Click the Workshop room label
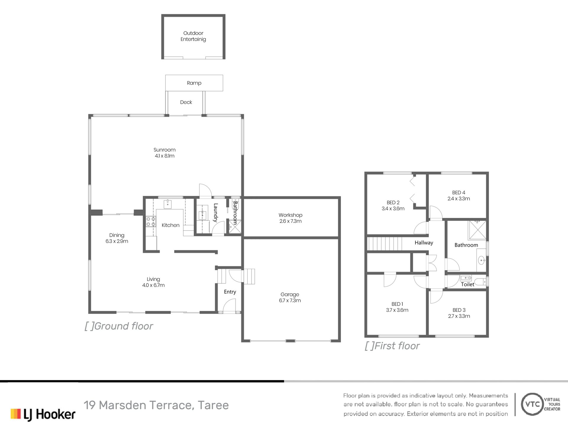[x=290, y=215]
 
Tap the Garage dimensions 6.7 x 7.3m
[x=290, y=301]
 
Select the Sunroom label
[x=164, y=150]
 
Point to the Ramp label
[x=194, y=83]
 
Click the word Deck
[x=186, y=102]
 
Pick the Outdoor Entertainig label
[x=193, y=36]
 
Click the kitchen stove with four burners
[x=151, y=222]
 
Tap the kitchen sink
[x=168, y=204]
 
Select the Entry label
[x=230, y=292]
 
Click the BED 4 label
[x=459, y=193]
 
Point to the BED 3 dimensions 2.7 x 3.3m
[x=459, y=316]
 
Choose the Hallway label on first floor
[x=424, y=243]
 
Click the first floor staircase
[x=385, y=244]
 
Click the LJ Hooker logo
[x=43, y=414]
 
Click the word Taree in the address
[x=213, y=405]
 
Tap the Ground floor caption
[x=119, y=326]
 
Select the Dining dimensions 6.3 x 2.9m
[x=117, y=241]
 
